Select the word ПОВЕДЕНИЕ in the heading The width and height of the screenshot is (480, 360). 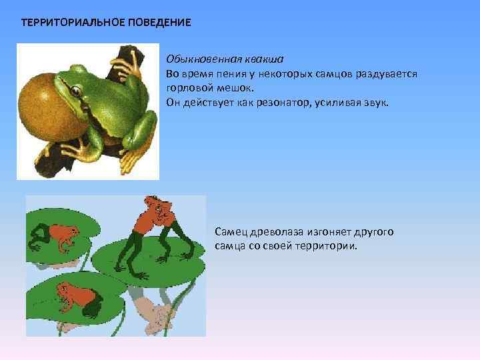[x=155, y=23]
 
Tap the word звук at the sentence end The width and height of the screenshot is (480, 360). [x=383, y=103]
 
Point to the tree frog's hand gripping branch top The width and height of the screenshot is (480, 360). [x=126, y=63]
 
